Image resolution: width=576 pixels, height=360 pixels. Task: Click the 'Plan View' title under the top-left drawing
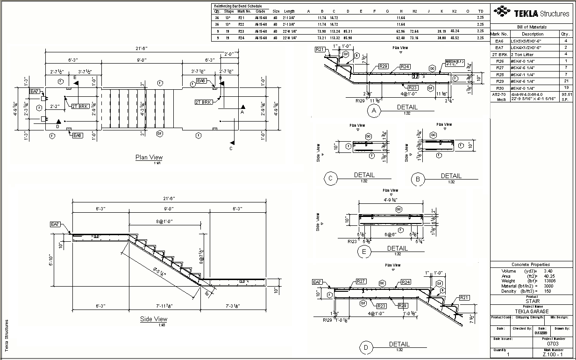149,157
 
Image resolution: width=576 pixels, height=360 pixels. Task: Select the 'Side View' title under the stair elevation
154,319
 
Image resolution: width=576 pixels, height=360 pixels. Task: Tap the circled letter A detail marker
373,111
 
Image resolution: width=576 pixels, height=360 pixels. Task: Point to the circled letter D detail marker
366,347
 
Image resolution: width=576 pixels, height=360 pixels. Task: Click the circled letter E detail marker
363,252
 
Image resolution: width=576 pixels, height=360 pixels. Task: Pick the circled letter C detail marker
330,178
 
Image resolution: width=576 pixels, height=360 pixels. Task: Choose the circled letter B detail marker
418,179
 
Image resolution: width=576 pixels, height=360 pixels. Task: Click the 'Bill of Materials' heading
532,27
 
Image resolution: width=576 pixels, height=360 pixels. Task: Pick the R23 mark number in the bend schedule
241,31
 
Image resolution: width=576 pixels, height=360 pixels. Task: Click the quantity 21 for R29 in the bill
566,81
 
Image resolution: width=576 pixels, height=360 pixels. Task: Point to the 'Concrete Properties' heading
530,265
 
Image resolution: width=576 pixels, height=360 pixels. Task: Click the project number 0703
553,344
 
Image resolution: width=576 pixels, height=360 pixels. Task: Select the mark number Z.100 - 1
553,355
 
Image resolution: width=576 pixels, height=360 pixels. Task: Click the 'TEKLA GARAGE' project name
532,311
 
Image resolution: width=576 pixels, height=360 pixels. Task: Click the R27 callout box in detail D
361,281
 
